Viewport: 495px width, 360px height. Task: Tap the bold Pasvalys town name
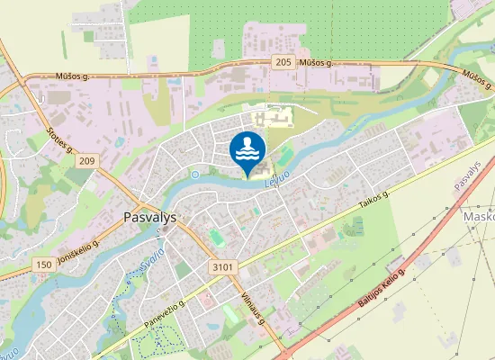(x=151, y=217)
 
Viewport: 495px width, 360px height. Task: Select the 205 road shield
(x=283, y=62)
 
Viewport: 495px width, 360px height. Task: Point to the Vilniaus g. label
(x=254, y=309)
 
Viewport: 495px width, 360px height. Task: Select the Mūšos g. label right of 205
(x=316, y=63)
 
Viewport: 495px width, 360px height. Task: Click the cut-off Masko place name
(x=478, y=218)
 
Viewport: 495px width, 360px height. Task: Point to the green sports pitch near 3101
(x=215, y=237)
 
